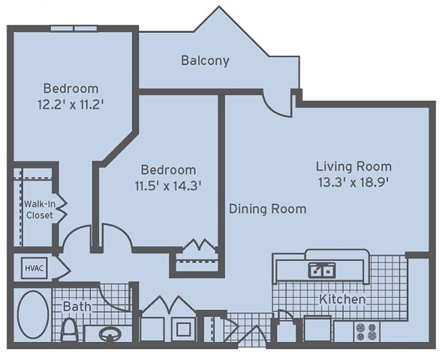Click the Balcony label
[205, 61]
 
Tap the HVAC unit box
[35, 268]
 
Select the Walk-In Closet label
[40, 209]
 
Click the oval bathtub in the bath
[33, 314]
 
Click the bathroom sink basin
[110, 334]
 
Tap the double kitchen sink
[322, 270]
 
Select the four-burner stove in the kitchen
[366, 331]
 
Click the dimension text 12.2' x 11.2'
[71, 105]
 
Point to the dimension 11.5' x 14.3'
[168, 186]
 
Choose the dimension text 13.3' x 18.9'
[353, 182]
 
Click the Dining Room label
[267, 209]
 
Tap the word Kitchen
[342, 298]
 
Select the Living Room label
[353, 166]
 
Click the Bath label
[77, 307]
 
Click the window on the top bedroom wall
[74, 28]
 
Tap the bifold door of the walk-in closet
[62, 209]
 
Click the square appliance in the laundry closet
[184, 328]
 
